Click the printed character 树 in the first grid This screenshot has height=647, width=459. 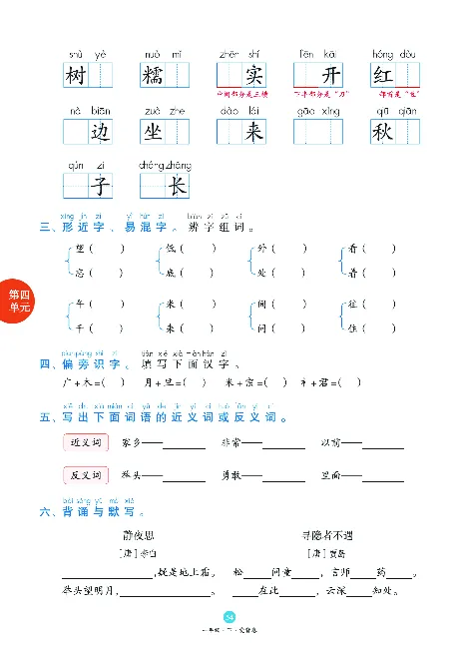(76, 75)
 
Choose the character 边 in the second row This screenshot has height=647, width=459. (99, 133)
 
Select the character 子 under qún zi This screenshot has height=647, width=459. (99, 187)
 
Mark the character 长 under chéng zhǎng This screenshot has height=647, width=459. (176, 187)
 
